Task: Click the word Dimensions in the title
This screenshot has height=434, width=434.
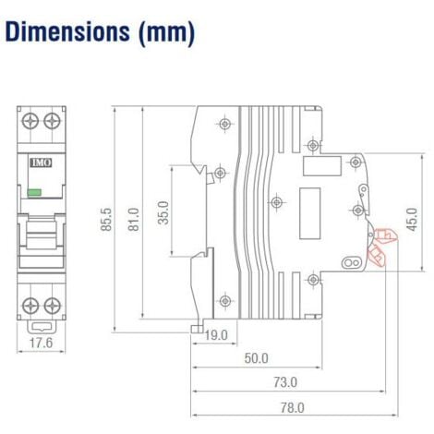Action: click(67, 33)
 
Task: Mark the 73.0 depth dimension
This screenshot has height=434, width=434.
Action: click(284, 381)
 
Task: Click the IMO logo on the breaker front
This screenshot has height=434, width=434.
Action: click(41, 162)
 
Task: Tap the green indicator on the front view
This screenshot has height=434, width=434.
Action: click(35, 192)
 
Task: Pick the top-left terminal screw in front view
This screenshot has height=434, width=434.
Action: click(27, 120)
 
